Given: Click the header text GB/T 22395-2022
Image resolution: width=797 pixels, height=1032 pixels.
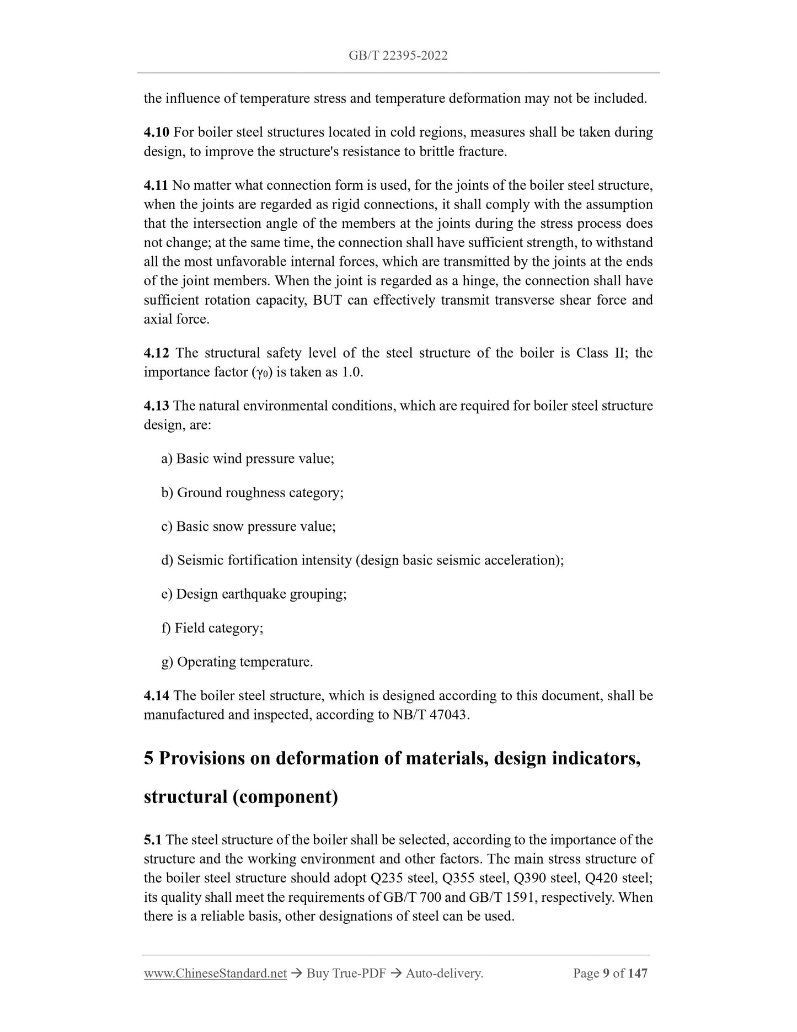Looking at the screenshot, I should (398, 55).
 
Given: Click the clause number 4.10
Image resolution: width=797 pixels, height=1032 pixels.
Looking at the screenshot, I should (157, 132).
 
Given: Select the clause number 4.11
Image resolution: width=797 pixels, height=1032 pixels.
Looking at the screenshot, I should (156, 185).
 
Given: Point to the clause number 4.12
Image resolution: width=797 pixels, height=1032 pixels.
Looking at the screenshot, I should (157, 353).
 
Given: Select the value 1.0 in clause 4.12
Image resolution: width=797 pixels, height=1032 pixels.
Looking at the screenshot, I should (351, 373).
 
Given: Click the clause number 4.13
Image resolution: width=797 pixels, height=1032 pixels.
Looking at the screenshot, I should (157, 406).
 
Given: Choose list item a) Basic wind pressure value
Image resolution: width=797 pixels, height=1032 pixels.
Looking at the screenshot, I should (248, 459).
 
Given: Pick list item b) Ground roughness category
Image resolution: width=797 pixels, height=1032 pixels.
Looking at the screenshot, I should (252, 493).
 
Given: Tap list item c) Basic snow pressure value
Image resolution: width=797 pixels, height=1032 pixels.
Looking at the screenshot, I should (248, 526).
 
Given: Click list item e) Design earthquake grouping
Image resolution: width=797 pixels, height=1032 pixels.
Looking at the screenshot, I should (254, 594).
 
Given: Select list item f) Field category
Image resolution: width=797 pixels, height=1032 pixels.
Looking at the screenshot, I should (212, 628).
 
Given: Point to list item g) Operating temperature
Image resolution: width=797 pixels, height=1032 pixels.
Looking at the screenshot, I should (237, 662).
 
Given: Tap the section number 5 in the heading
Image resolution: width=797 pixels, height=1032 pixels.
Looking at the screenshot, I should (148, 759).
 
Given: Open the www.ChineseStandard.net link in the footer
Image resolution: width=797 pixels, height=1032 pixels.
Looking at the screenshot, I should (215, 974).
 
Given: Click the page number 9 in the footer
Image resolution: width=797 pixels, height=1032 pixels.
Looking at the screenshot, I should (606, 974).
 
